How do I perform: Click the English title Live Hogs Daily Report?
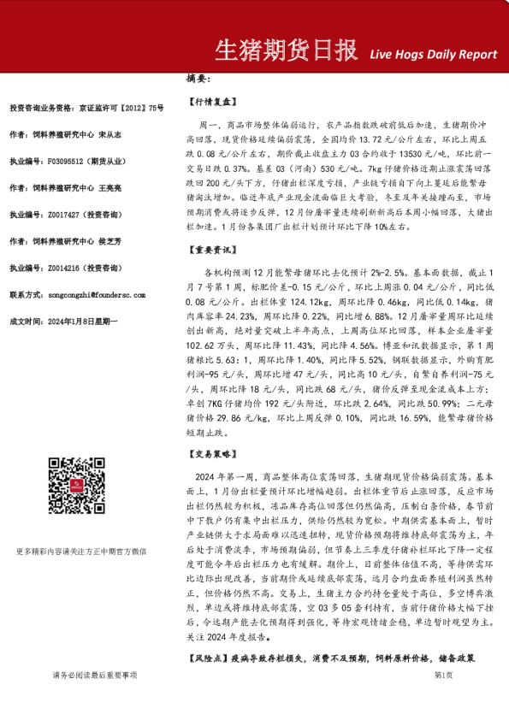click(433, 54)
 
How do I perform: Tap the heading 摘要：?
click(198, 79)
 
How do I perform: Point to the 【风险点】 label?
click(206, 660)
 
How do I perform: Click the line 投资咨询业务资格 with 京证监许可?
click(86, 108)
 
